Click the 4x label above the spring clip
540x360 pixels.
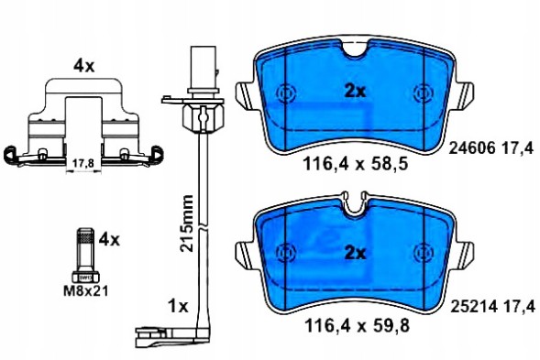84,65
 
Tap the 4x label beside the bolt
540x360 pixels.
109,240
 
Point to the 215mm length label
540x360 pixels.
186,225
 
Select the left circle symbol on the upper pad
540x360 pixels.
287,93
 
